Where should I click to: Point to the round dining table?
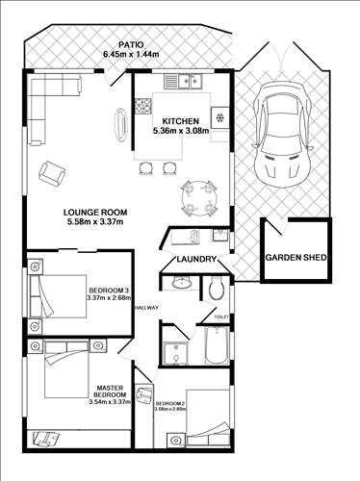pyautogui.click(x=200, y=199)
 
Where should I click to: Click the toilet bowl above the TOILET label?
pyautogui.click(x=216, y=287)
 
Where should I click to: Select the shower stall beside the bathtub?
pyautogui.click(x=175, y=351)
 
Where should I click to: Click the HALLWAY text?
pyautogui.click(x=146, y=308)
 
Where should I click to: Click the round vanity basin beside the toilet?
pyautogui.click(x=178, y=284)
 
